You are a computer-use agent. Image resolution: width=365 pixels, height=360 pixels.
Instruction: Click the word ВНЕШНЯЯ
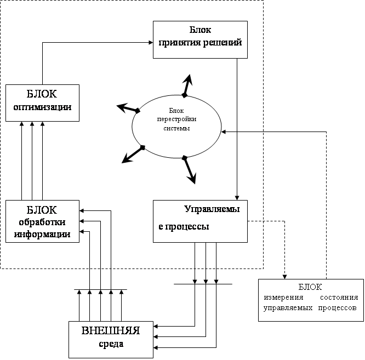[111, 330]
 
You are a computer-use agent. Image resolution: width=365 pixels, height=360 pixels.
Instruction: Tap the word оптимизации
[42, 107]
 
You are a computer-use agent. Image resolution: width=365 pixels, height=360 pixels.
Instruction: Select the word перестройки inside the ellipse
[176, 119]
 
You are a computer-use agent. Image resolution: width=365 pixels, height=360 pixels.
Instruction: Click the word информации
[42, 234]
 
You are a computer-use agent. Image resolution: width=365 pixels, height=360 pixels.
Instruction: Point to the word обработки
[42, 222]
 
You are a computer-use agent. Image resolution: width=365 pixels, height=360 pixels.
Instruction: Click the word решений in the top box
[223, 43]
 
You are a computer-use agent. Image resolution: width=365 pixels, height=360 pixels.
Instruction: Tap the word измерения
[283, 298]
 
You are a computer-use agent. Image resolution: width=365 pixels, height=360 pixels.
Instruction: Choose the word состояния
[339, 298]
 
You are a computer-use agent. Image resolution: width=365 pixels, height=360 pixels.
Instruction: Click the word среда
[111, 344]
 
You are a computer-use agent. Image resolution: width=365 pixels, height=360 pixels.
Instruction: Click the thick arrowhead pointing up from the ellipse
[188, 80]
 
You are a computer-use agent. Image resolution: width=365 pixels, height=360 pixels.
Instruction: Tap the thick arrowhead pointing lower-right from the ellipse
[192, 178]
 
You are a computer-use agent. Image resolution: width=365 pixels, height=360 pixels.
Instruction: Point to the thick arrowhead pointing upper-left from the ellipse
[122, 107]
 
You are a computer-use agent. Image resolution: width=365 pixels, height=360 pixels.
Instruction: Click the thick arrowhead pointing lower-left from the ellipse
[127, 158]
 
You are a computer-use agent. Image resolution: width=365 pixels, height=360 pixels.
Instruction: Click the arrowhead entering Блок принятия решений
[151, 42]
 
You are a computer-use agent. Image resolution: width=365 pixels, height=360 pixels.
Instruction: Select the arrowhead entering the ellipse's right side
[224, 132]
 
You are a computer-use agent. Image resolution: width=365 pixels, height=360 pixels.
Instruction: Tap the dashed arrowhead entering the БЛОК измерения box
[284, 277]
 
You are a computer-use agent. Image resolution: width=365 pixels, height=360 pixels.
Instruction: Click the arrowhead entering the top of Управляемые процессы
[237, 198]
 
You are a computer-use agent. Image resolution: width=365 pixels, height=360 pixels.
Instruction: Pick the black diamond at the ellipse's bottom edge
[185, 158]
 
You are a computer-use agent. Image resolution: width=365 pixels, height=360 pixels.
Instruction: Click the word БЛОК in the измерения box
[310, 287]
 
